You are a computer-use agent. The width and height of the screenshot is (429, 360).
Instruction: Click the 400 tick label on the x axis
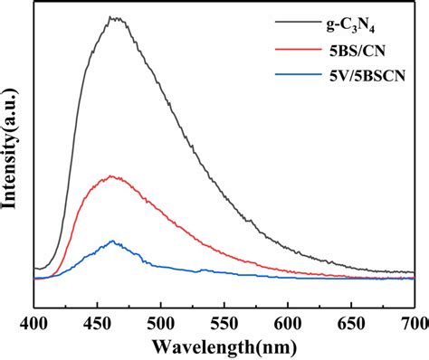33,321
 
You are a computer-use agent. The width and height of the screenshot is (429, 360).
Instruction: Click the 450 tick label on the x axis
97,321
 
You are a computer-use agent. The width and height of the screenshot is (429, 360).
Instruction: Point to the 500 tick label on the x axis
160,321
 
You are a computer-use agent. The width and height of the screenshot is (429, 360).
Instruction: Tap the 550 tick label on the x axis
224,321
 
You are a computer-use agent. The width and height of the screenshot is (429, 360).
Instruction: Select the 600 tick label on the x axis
288,321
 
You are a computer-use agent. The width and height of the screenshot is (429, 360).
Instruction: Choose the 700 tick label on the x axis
413,321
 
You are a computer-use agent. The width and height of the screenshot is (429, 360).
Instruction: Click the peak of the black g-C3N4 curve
113,17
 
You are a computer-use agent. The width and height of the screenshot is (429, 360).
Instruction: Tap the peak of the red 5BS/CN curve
111,176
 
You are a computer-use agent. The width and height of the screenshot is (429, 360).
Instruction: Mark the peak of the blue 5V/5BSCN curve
112,241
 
